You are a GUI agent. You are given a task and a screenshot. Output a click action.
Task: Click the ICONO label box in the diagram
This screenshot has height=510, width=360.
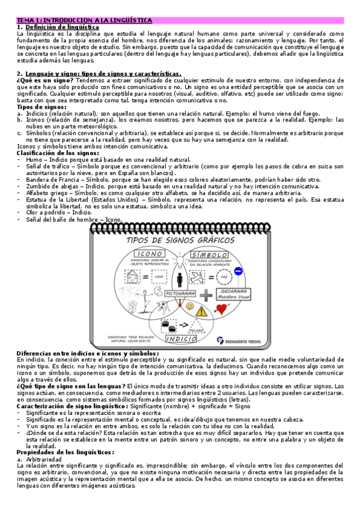pyautogui.click(x=145, y=253)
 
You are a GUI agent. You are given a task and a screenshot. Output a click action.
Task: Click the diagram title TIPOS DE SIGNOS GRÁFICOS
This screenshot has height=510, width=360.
pyautogui.click(x=179, y=240)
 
